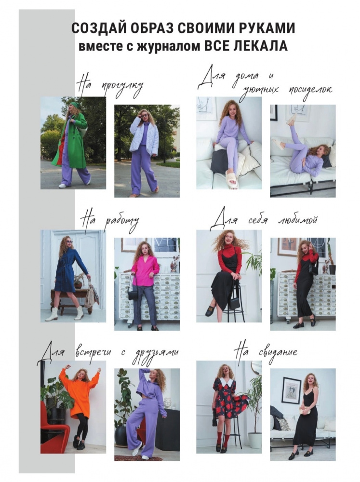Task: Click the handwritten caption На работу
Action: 110,222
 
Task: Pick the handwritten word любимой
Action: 297,220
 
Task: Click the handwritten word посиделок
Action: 310,91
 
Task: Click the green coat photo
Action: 73,143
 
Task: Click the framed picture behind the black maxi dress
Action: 291,390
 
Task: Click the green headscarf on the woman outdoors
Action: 75,104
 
